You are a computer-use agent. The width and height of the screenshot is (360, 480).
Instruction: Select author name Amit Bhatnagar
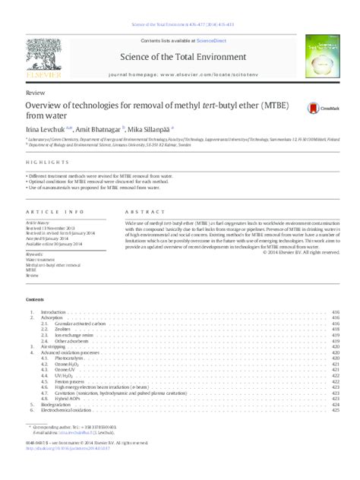[x=98, y=130]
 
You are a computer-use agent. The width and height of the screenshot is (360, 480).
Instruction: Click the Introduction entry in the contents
[x=53, y=312]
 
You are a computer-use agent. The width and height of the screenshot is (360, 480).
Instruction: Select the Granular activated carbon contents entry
[x=77, y=323]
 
